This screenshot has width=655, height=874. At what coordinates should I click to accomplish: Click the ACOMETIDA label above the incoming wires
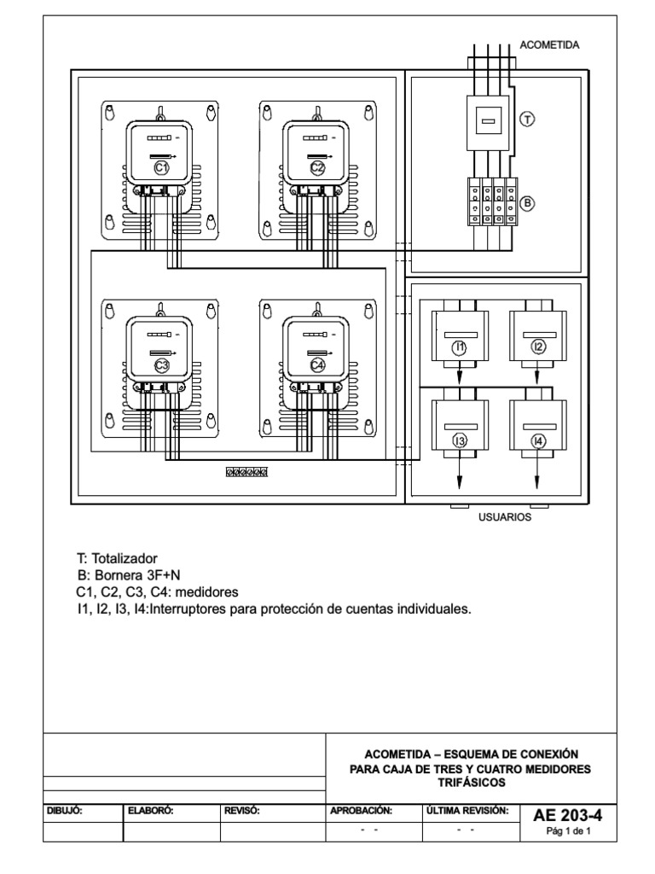tap(549, 45)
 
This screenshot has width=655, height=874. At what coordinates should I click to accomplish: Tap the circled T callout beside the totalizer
tap(527, 120)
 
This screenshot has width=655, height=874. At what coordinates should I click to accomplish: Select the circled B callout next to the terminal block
tap(527, 204)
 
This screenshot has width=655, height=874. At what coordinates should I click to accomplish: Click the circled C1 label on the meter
tap(160, 168)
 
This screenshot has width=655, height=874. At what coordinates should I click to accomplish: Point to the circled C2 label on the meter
tap(317, 168)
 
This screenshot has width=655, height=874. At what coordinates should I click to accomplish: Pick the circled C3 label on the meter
tap(160, 365)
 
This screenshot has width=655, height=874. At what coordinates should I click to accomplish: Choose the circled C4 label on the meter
tap(317, 365)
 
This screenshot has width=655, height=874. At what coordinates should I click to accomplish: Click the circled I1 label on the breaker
tap(460, 347)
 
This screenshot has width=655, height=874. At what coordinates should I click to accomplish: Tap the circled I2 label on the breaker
tap(537, 347)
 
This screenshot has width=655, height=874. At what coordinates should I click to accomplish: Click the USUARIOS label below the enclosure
tap(503, 516)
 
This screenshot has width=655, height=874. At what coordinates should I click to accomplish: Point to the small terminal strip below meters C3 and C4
tap(246, 471)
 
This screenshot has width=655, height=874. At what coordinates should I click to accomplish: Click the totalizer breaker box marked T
tap(488, 123)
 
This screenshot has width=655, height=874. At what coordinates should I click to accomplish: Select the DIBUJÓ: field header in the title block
tap(64, 810)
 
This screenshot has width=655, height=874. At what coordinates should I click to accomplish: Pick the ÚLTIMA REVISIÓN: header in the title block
tap(467, 810)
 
